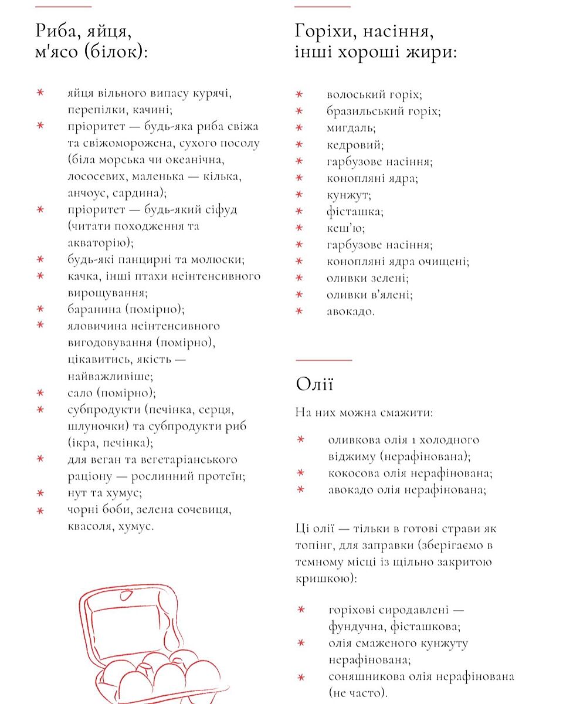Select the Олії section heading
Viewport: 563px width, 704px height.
pos(314,385)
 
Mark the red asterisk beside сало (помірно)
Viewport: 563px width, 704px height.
pos(40,392)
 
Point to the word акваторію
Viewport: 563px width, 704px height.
pos(99,242)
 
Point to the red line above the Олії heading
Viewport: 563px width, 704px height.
pos(324,360)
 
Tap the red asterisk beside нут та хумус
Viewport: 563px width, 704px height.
pos(40,493)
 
